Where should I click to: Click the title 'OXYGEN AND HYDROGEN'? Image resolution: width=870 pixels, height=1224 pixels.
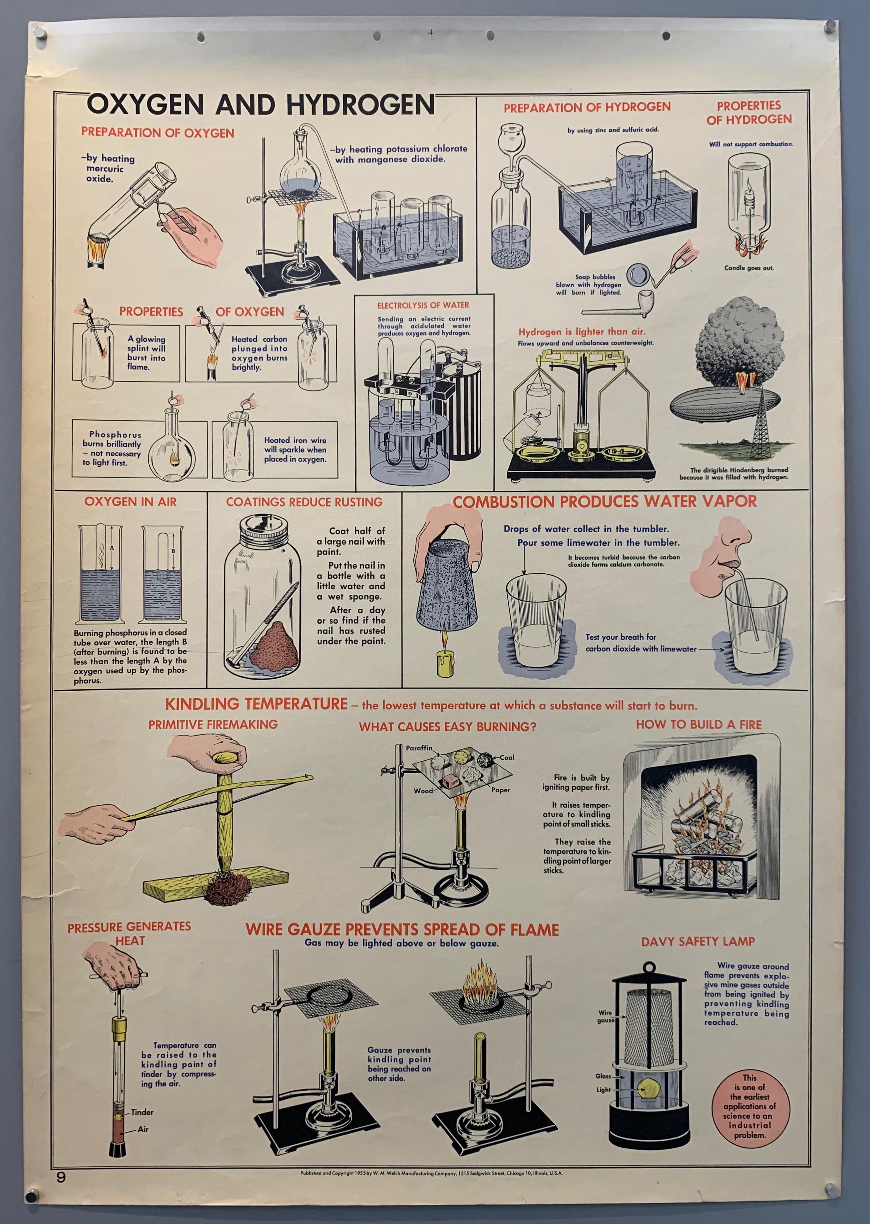pos(261,104)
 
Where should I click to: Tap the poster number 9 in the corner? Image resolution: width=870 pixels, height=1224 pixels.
pos(61,1177)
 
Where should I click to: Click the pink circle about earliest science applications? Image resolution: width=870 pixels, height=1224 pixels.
pos(751,1106)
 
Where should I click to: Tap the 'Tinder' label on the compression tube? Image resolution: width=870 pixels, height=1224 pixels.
pos(142,1112)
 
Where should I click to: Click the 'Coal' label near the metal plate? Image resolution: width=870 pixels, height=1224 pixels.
pos(507,757)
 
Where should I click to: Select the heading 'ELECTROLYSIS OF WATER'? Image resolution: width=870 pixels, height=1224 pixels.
pos(423,305)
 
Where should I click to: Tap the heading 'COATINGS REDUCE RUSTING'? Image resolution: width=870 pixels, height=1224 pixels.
pos(304,502)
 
